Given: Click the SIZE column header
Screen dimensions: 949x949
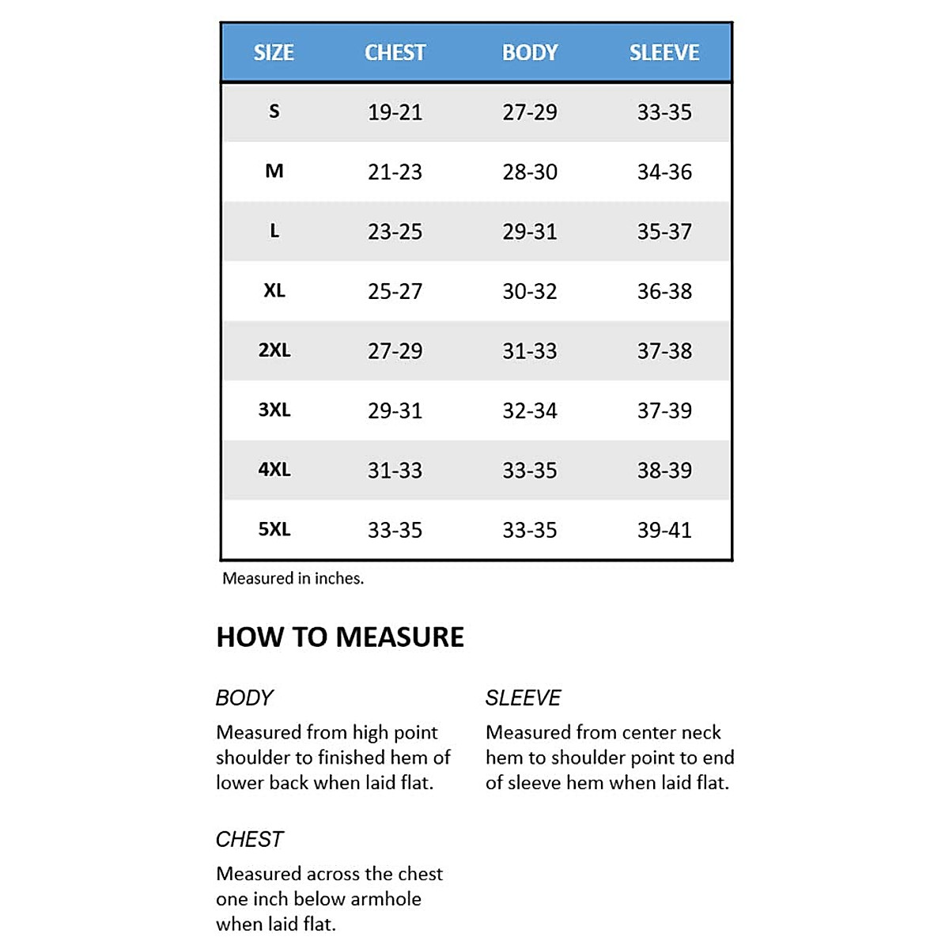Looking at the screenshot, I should pyautogui.click(x=274, y=53).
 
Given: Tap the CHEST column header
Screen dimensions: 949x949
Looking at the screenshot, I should pyautogui.click(x=395, y=53).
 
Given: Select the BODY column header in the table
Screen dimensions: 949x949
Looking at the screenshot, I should pyautogui.click(x=530, y=53).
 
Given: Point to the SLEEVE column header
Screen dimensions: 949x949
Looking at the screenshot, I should pyautogui.click(x=664, y=53).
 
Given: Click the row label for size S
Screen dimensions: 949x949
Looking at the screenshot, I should pyautogui.click(x=274, y=112).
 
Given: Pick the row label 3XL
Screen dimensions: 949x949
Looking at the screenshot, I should pyautogui.click(x=274, y=410).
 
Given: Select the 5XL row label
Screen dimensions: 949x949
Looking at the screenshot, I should pyautogui.click(x=274, y=529).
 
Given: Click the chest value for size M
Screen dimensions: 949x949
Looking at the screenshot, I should pyautogui.click(x=395, y=172).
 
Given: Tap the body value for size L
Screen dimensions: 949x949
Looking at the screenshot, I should pyautogui.click(x=530, y=232).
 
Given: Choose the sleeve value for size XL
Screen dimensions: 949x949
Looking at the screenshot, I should pyautogui.click(x=664, y=291).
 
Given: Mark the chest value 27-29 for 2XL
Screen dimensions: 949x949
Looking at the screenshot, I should pyautogui.click(x=395, y=350).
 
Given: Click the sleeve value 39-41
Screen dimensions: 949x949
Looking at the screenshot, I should pyautogui.click(x=664, y=530).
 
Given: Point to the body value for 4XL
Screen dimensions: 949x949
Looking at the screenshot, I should pyautogui.click(x=530, y=471).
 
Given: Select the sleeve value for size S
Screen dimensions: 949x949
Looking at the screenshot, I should pyautogui.click(x=664, y=112).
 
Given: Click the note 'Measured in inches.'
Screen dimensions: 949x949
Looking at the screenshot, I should pyautogui.click(x=293, y=578).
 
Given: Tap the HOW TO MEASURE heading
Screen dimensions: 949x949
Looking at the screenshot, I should pyautogui.click(x=340, y=637).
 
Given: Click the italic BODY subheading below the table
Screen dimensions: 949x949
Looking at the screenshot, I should pyautogui.click(x=244, y=698).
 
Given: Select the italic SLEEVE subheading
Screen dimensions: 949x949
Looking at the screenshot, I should pyautogui.click(x=523, y=698).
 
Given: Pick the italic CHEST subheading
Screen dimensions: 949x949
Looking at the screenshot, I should pyautogui.click(x=249, y=839).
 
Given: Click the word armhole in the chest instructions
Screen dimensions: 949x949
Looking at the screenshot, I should pyautogui.click(x=385, y=899).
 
